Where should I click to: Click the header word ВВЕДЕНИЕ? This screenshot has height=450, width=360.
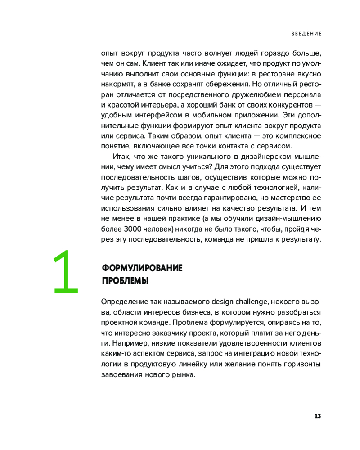(306, 34)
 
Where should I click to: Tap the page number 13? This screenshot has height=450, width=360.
(317, 415)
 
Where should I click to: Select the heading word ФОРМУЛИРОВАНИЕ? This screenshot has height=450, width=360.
(142, 268)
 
